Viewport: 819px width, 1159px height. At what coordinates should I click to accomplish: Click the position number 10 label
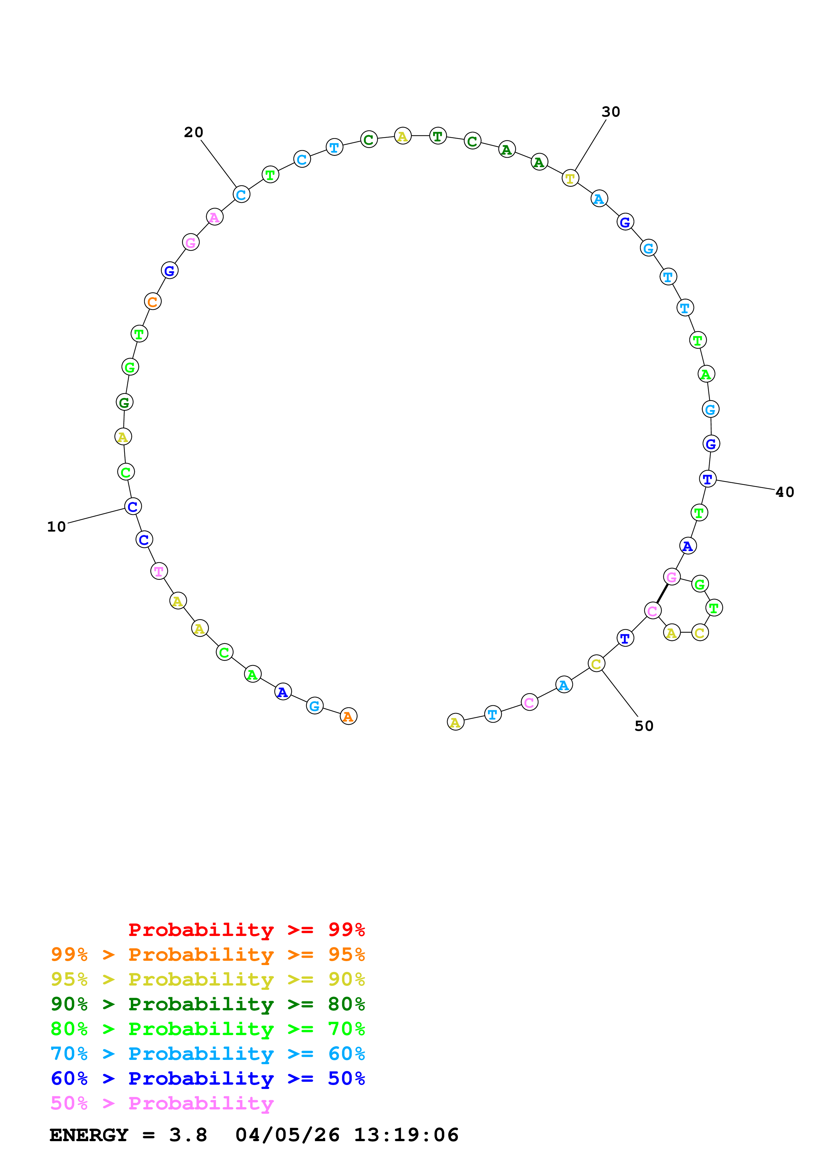(56, 527)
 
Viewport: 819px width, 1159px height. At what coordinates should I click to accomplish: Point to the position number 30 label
(611, 112)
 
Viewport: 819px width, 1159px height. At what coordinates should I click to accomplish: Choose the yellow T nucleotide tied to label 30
(570, 178)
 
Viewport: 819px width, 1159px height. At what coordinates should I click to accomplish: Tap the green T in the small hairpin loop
(714, 608)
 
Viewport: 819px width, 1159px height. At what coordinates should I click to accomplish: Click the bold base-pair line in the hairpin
(662, 594)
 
